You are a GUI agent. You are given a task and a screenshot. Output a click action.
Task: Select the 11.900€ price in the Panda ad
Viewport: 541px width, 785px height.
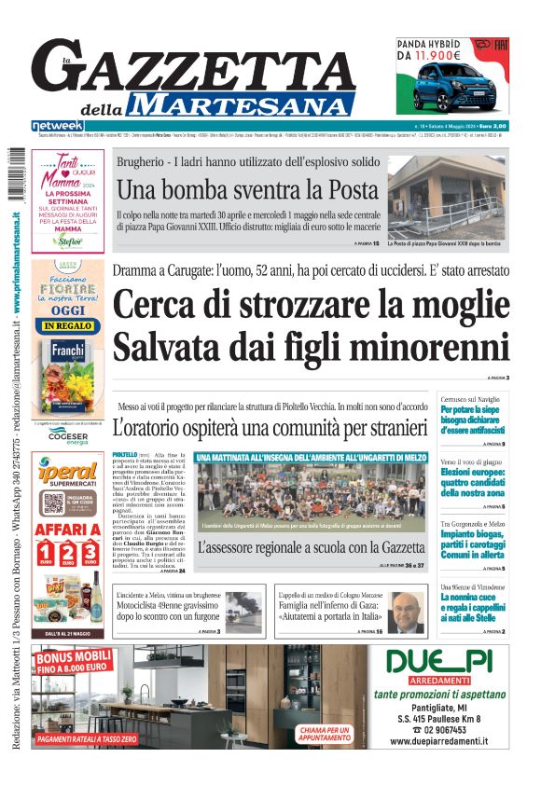point(431,55)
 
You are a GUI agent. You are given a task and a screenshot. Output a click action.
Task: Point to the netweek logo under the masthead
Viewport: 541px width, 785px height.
point(58,126)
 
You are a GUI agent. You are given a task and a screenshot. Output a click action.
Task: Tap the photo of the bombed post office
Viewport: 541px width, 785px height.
point(448,197)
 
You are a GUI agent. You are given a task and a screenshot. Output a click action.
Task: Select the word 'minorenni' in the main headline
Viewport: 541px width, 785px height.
point(429,346)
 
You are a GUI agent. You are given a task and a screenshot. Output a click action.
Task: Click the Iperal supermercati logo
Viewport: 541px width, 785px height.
point(67,476)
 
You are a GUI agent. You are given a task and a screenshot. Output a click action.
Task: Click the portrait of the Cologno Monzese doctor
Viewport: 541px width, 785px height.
point(403,612)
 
